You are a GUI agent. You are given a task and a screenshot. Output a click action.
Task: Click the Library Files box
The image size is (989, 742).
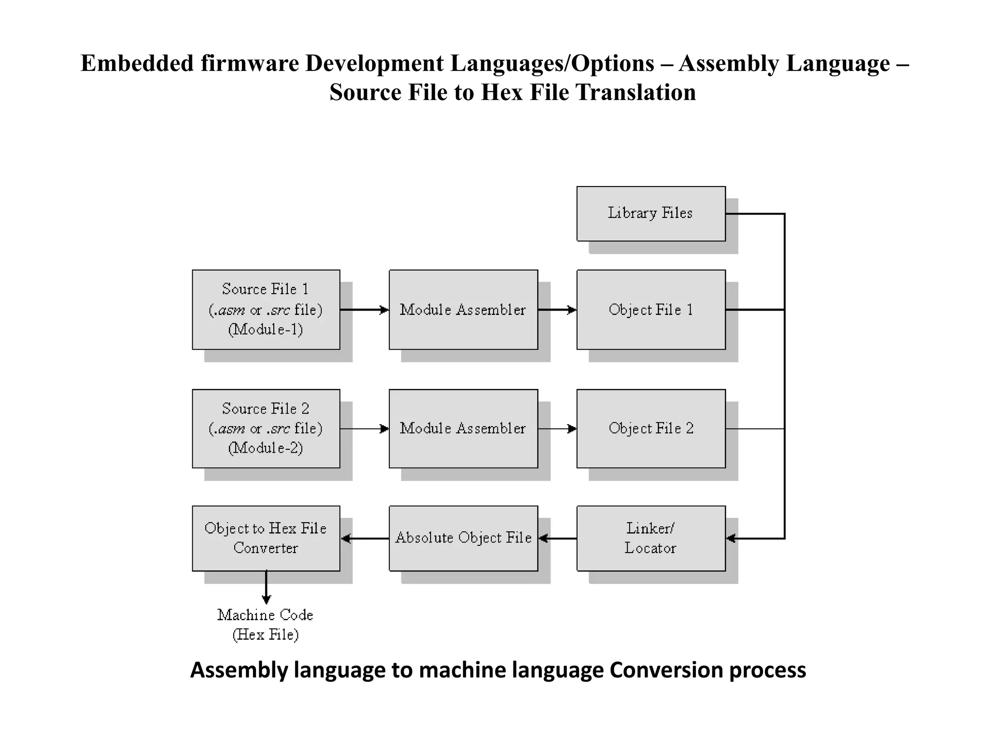[x=650, y=214]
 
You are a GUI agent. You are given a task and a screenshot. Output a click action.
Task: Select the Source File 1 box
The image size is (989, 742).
[x=266, y=309]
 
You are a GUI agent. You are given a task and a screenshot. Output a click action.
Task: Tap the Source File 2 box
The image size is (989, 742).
[x=266, y=428]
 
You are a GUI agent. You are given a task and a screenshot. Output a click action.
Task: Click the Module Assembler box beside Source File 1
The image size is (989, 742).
[x=463, y=309]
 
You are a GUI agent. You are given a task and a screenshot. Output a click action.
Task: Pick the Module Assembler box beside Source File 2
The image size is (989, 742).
[x=463, y=428]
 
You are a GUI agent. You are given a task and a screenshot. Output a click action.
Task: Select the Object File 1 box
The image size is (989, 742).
[x=650, y=309]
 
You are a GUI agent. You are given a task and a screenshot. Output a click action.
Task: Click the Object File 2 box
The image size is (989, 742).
[x=650, y=428]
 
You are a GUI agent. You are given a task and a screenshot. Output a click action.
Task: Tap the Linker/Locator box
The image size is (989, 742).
[x=650, y=538]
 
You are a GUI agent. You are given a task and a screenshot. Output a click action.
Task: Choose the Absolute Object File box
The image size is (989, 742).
[x=463, y=538]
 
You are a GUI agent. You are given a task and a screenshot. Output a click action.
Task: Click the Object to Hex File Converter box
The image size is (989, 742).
[x=266, y=538]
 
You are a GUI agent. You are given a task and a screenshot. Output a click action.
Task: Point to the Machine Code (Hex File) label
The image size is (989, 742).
[x=266, y=624]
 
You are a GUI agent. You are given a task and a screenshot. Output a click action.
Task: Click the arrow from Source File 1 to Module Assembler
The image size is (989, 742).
[x=365, y=310]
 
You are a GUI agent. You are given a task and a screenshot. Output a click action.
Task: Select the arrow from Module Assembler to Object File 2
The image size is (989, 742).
[x=557, y=428]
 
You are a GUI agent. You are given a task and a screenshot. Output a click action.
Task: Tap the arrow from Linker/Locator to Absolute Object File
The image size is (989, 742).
[x=557, y=538]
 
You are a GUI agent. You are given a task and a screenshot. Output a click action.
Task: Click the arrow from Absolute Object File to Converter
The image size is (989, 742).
[x=365, y=538]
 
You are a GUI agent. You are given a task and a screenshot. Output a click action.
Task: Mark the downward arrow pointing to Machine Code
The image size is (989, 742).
[x=266, y=587]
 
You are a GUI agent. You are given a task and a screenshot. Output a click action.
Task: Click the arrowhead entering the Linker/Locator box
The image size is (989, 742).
[x=731, y=538]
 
